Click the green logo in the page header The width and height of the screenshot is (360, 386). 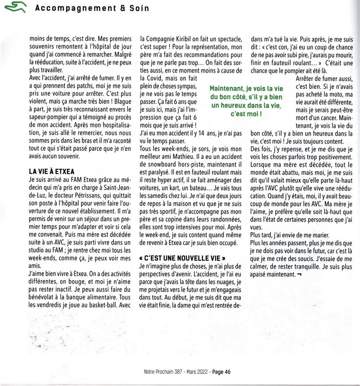[x=16, y=8]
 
